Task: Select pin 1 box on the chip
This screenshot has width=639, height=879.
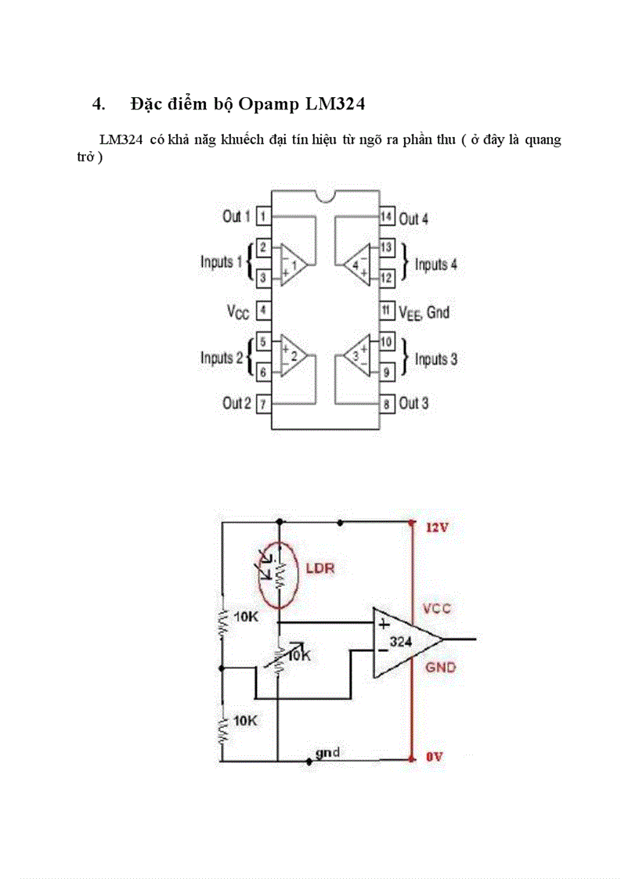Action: click(x=264, y=216)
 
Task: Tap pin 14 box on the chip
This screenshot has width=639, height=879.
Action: click(x=386, y=217)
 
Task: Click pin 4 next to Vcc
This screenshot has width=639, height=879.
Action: click(x=264, y=311)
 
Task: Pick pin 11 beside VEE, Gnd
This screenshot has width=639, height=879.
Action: click(x=386, y=311)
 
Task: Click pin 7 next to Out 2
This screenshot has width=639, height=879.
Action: click(x=264, y=404)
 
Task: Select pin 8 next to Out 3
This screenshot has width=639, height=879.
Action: click(x=386, y=405)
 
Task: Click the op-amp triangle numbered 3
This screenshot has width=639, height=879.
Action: click(x=357, y=358)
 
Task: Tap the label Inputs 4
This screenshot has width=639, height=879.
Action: click(x=436, y=265)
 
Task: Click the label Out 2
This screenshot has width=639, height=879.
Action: click(x=236, y=404)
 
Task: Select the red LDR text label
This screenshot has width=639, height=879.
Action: click(x=320, y=568)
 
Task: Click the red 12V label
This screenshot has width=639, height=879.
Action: click(x=436, y=528)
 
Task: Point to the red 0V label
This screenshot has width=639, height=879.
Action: click(x=434, y=758)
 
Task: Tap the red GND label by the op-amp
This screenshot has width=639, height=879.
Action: click(x=440, y=668)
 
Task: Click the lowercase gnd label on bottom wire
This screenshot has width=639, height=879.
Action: click(x=327, y=752)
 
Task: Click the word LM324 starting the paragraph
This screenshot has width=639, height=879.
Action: click(x=121, y=140)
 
